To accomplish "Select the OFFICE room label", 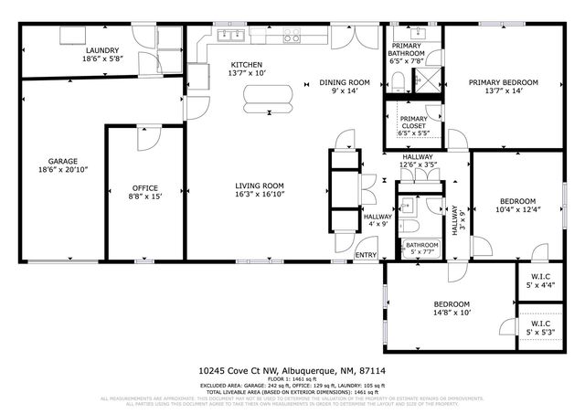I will (145, 188).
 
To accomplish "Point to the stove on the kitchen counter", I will (292, 37).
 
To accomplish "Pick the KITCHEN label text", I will (246, 64).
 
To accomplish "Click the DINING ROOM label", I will (344, 82).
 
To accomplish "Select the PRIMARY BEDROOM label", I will (504, 82).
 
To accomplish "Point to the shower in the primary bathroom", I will (425, 83).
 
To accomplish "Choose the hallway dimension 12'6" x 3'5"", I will (418, 165).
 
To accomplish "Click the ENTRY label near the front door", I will (366, 255).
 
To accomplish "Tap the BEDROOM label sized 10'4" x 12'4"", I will (516, 201).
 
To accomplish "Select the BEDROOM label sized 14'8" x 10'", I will (451, 303).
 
